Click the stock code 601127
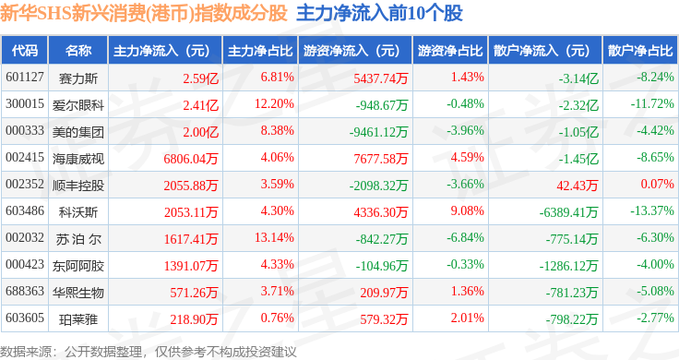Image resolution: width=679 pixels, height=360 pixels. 25,78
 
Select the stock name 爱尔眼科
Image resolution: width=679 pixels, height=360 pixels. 78,105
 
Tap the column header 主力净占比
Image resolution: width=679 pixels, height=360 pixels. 260,51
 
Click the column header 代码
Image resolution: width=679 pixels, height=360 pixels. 25,51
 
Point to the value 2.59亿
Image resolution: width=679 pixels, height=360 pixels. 200,78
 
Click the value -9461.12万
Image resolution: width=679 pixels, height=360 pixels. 379,132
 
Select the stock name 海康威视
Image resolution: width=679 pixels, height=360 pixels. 78,159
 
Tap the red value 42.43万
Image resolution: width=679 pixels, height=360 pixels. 578,186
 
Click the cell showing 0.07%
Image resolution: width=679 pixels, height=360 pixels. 658,184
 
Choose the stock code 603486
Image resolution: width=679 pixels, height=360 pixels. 25,211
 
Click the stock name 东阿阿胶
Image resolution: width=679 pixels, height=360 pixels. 78,266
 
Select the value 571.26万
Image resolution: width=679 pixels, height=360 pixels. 194,293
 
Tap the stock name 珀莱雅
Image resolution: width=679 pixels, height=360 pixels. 78,319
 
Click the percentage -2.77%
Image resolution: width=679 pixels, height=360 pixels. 655,318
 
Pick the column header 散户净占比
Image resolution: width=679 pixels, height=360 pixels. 640,51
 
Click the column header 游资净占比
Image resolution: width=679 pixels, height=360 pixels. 450,51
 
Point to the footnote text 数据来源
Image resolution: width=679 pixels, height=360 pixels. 26,352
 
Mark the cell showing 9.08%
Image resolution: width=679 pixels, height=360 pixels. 467,211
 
